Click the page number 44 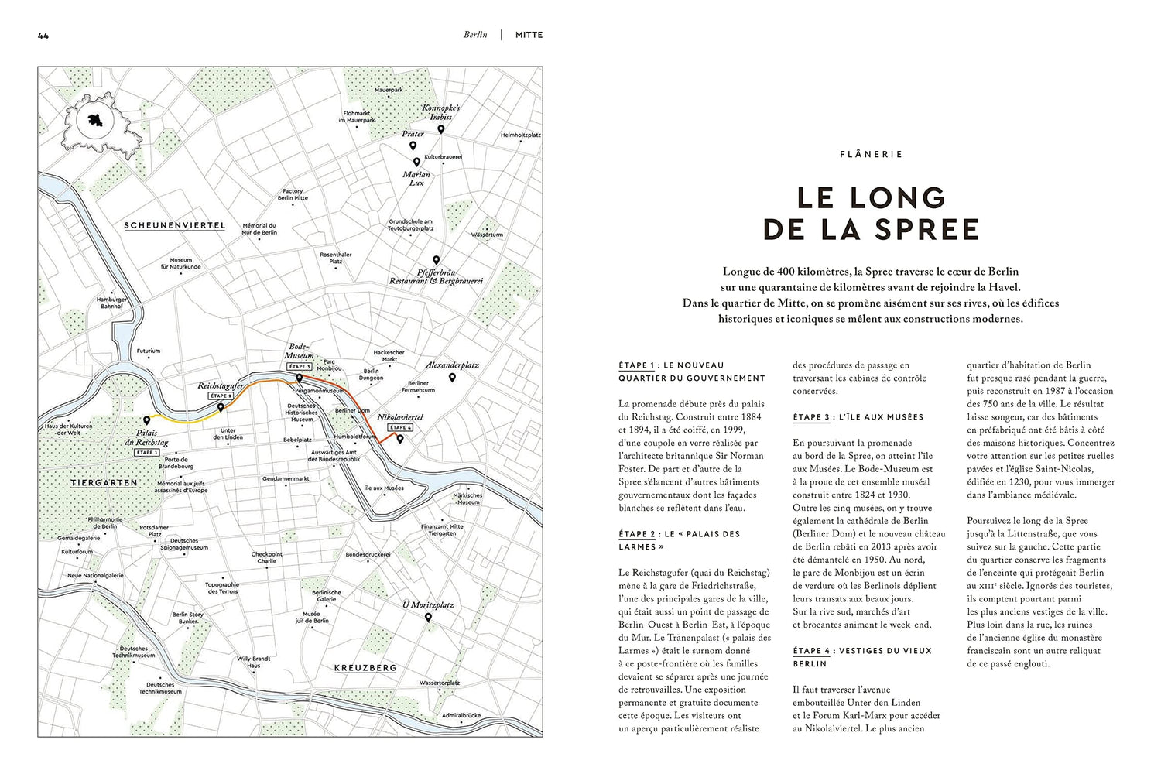point(43,36)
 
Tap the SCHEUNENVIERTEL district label point(175,226)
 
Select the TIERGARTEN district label point(104,483)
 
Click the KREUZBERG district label point(365,668)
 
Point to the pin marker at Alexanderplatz point(452,378)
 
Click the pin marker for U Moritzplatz point(428,618)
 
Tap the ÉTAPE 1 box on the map point(147,453)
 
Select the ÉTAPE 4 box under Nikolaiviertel point(400,427)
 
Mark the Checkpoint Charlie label point(267,557)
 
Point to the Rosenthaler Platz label point(336,258)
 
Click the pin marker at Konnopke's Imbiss point(441,129)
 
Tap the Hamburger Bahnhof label point(111,303)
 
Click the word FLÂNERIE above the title point(871,155)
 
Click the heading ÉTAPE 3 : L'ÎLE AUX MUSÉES point(858,417)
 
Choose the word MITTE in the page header point(529,35)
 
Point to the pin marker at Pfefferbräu point(436,260)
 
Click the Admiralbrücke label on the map point(461,716)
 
